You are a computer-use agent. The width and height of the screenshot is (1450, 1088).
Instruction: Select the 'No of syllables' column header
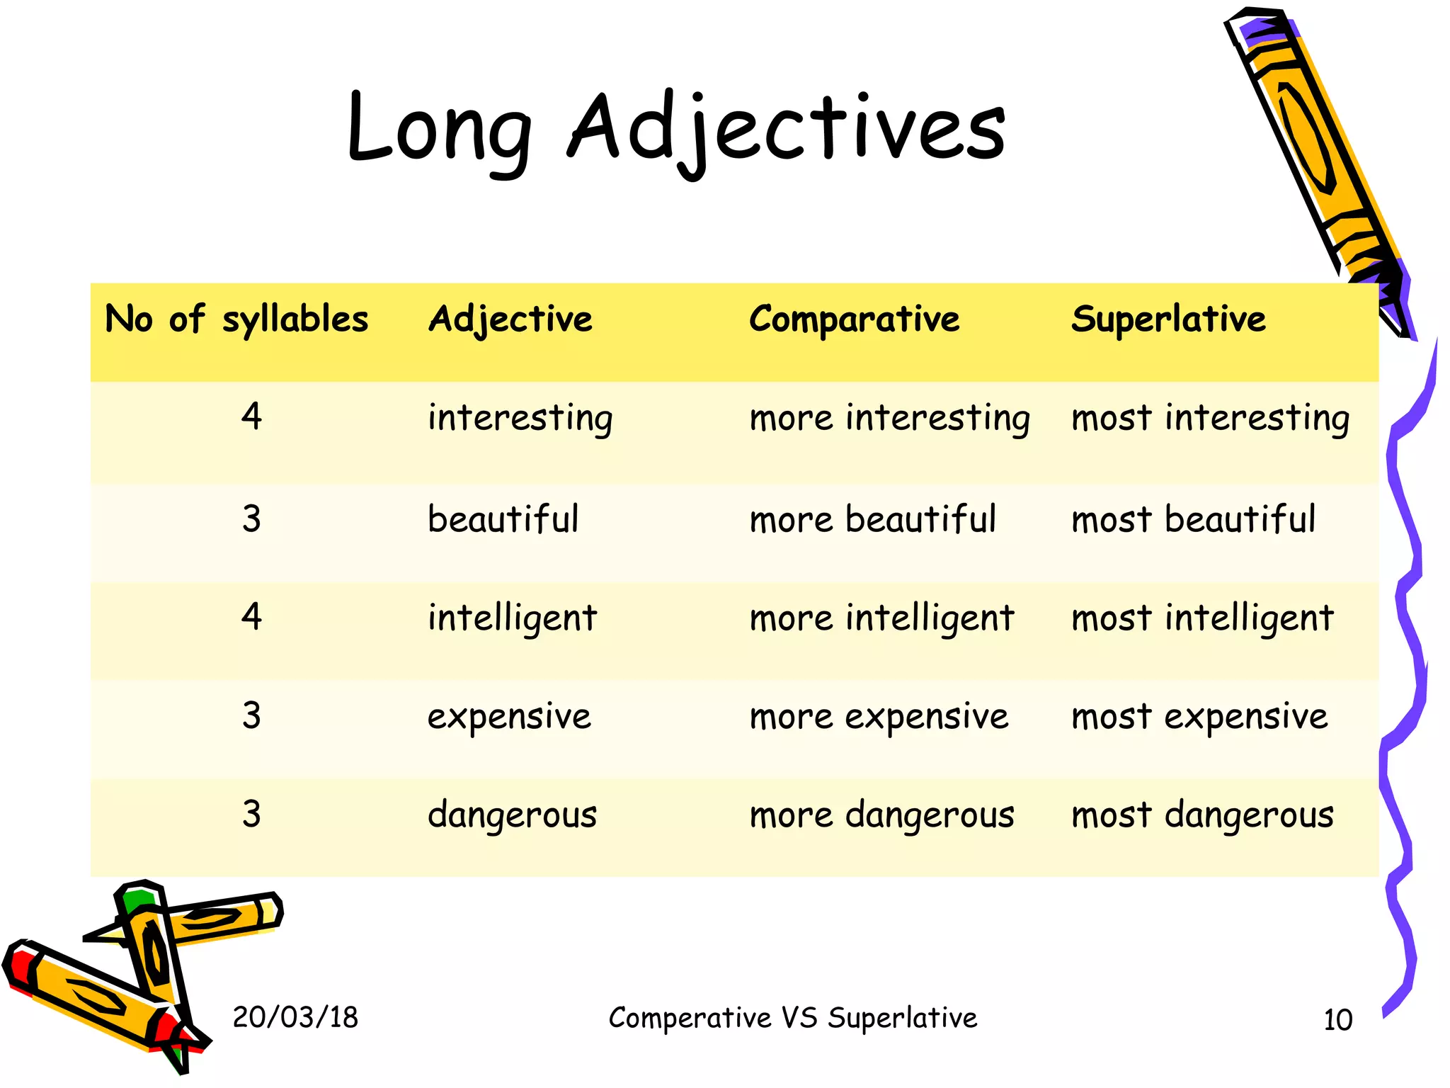click(x=236, y=319)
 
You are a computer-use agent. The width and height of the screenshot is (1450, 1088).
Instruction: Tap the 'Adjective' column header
click(x=510, y=319)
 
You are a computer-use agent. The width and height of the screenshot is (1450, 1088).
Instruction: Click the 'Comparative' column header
click(x=854, y=319)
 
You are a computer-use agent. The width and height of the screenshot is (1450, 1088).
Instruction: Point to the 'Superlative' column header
click(x=1168, y=319)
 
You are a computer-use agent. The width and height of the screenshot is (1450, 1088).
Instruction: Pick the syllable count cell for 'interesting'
click(x=251, y=416)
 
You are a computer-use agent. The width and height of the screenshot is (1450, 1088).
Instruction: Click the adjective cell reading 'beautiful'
click(x=503, y=519)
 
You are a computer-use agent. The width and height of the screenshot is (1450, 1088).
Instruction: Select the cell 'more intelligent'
click(x=881, y=618)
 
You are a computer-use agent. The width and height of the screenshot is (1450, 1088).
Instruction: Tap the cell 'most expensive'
click(x=1199, y=716)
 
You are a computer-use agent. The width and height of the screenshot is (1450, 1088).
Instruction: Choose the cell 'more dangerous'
click(x=881, y=815)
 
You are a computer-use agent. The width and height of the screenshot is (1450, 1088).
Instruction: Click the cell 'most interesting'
click(x=1210, y=417)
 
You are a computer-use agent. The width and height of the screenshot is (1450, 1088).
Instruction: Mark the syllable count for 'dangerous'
click(x=251, y=814)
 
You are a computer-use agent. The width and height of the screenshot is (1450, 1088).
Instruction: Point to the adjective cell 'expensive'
click(x=509, y=716)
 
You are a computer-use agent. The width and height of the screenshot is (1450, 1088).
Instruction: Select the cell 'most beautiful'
click(x=1194, y=519)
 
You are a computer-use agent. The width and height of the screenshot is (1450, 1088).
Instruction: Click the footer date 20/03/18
click(x=295, y=1017)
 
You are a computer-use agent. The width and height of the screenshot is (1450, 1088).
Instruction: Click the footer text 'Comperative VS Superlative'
click(x=793, y=1018)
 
